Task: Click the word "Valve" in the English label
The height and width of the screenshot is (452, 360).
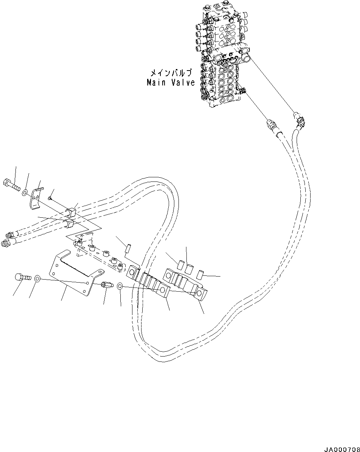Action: click(182, 82)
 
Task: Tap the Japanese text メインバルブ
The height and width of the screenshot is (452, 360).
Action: click(171, 73)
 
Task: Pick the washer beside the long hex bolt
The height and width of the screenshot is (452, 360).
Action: click(24, 193)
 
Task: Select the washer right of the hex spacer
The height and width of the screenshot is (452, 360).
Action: click(120, 286)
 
